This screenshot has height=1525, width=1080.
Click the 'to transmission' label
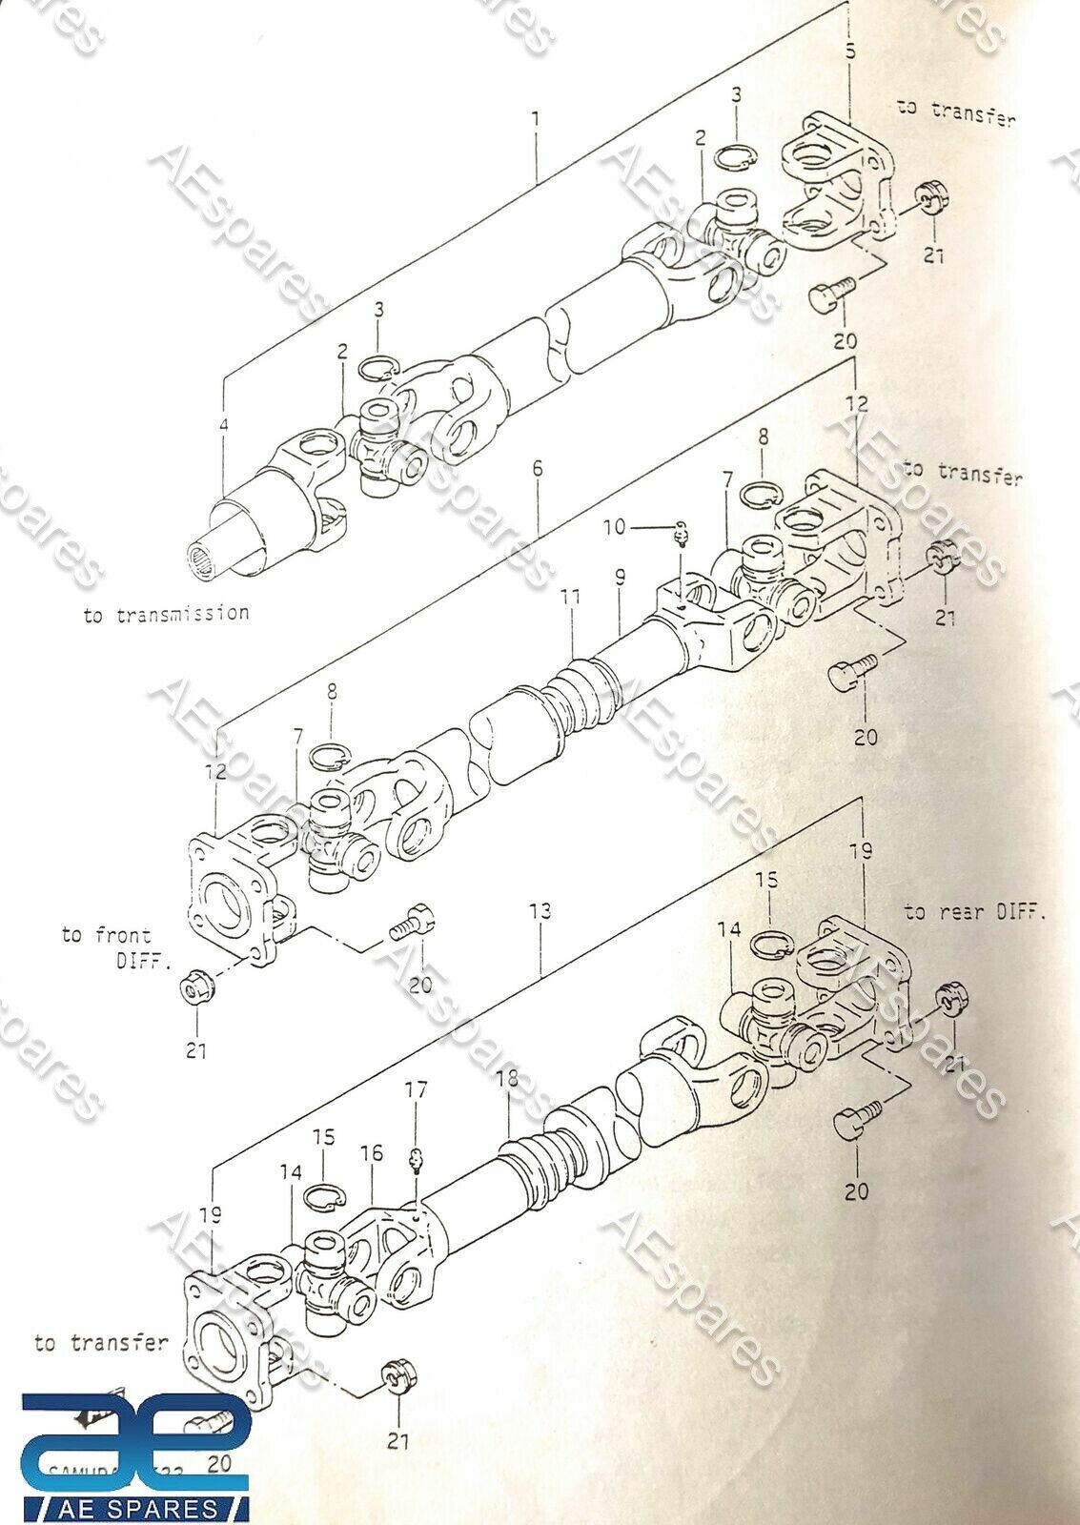pos(166,613)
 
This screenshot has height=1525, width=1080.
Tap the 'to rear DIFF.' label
pos(974,912)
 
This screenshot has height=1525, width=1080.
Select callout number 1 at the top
pos(536,119)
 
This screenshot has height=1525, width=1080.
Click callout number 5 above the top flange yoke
pos(850,52)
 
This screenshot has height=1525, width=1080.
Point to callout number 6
pos(538,468)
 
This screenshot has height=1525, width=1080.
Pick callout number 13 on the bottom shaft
pos(540,910)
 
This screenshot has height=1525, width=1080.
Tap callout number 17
pos(416,1088)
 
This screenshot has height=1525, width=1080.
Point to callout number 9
pos(620,576)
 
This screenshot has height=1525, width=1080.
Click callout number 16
pos(371,1153)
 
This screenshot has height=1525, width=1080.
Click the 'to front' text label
pos(106,935)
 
